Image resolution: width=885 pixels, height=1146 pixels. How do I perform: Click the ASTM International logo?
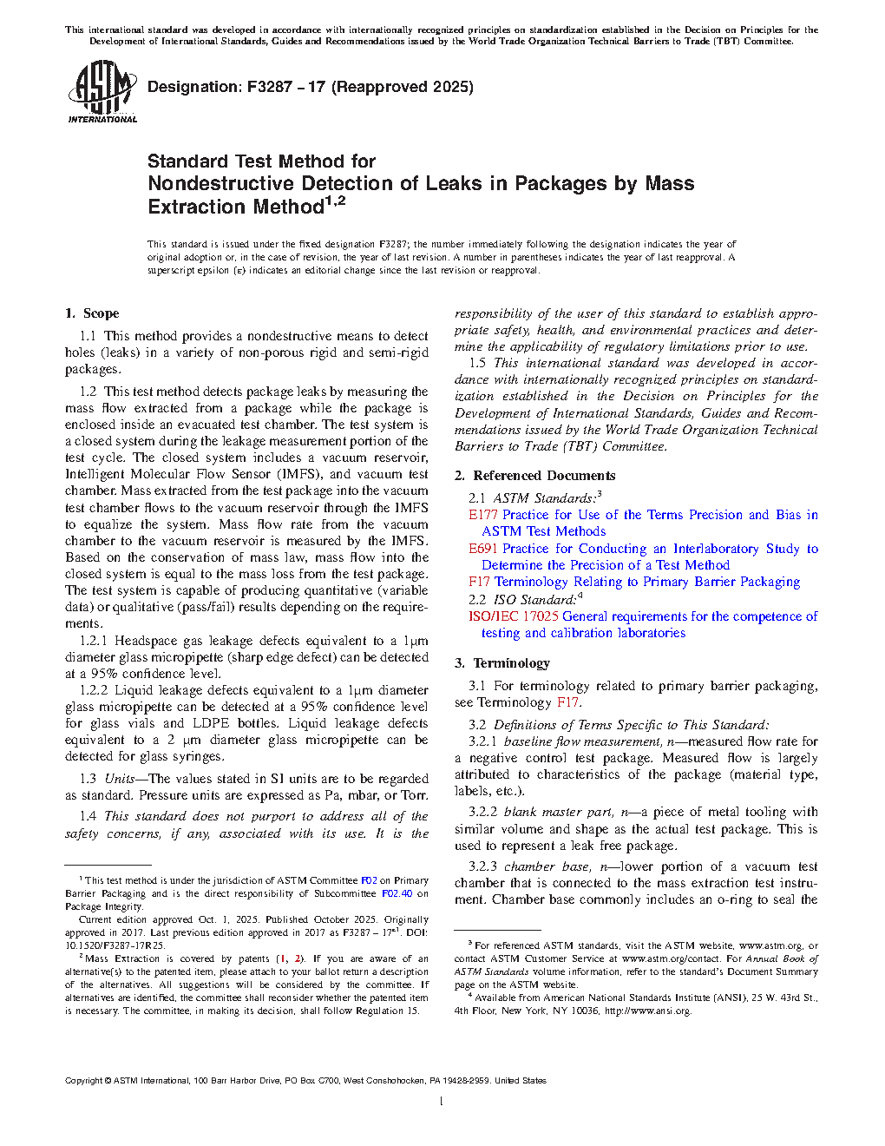point(102,91)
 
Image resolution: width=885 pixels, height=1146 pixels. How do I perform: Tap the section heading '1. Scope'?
point(92,313)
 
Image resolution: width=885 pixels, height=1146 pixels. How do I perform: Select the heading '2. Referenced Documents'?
point(535,476)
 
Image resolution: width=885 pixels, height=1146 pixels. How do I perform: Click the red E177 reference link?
point(483,515)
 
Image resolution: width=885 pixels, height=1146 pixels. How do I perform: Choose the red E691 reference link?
point(483,549)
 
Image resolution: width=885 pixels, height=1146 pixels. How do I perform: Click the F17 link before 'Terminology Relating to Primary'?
point(479,582)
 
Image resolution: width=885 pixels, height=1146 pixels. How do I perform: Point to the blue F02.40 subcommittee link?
point(397,893)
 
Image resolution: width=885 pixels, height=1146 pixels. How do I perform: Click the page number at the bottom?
point(442,1102)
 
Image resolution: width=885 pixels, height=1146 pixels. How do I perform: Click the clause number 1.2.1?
point(94,641)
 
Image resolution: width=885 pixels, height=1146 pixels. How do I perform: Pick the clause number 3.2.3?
point(482,866)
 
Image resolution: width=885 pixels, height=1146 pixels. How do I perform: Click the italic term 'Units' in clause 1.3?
point(120,779)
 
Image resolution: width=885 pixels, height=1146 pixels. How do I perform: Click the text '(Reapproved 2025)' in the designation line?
point(403,87)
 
